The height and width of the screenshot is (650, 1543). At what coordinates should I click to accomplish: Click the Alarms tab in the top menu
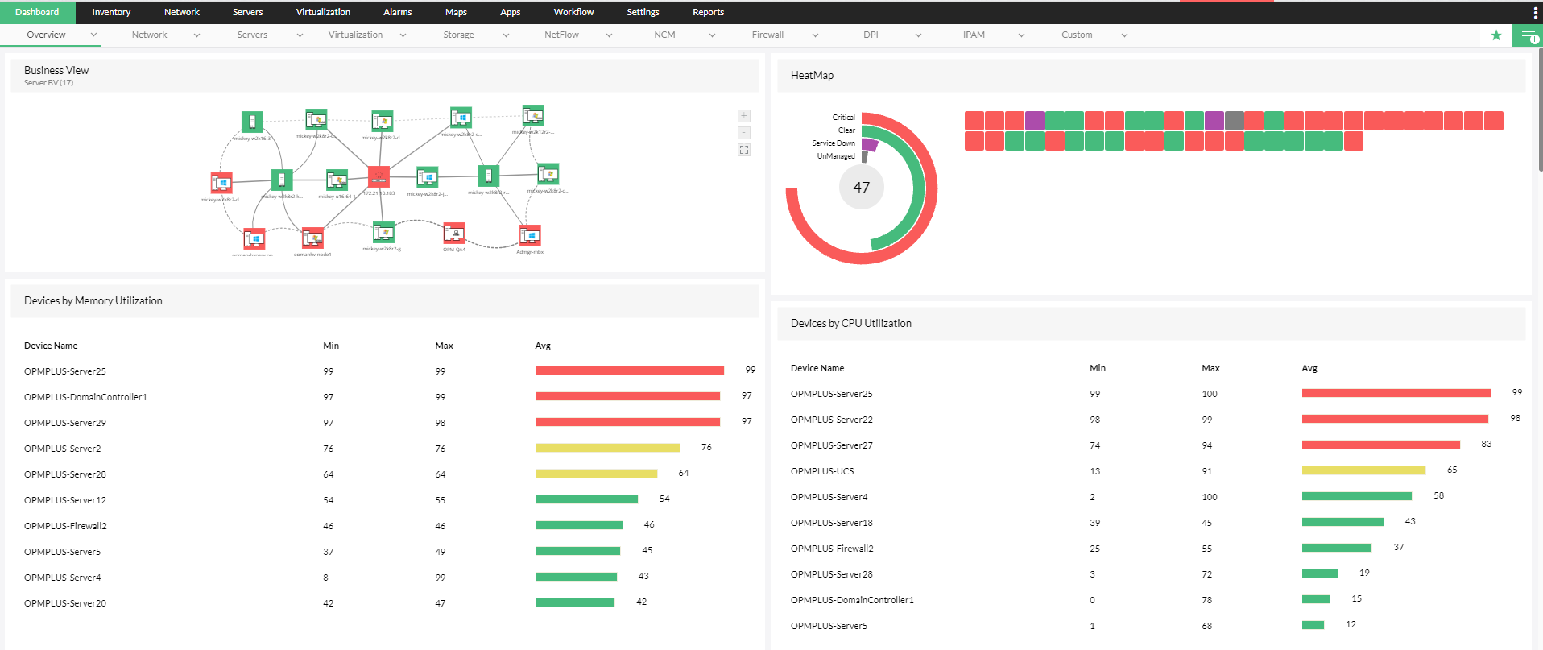tap(397, 12)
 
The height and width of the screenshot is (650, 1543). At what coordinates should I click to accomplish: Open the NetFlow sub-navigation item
tap(561, 35)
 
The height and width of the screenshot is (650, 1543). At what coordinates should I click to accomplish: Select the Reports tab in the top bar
tap(708, 12)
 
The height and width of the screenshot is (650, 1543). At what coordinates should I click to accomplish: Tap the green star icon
tap(1496, 35)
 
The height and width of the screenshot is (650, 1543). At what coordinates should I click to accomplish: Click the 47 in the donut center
tap(861, 187)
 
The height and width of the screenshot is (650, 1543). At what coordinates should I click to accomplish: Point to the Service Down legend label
tap(834, 143)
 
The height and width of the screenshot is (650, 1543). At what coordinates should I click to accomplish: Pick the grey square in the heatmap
tap(1235, 121)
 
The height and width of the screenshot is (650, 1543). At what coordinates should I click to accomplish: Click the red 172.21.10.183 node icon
tap(379, 176)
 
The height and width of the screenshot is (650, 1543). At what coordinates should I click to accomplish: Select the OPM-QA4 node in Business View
tap(454, 234)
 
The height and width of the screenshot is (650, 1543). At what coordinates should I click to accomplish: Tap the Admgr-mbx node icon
tap(530, 235)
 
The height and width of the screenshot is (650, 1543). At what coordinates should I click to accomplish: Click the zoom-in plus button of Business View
tap(744, 116)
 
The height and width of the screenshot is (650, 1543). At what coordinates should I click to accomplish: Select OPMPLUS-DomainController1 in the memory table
tap(85, 397)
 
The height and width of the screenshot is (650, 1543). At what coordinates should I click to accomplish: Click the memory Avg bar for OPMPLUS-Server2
tap(607, 448)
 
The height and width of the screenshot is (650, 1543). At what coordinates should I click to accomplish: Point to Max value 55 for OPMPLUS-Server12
tap(441, 500)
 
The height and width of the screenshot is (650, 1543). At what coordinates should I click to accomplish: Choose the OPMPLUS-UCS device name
tap(822, 471)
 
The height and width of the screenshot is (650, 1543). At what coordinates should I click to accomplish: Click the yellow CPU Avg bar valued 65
tap(1363, 470)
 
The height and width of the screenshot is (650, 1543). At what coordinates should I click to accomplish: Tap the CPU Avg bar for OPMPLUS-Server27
tap(1380, 445)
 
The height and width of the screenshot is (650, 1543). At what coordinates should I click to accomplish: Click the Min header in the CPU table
tap(1098, 368)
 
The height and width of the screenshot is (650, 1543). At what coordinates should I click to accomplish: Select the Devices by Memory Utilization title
tap(93, 300)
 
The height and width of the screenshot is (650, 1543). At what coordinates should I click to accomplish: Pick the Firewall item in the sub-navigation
tap(767, 35)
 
